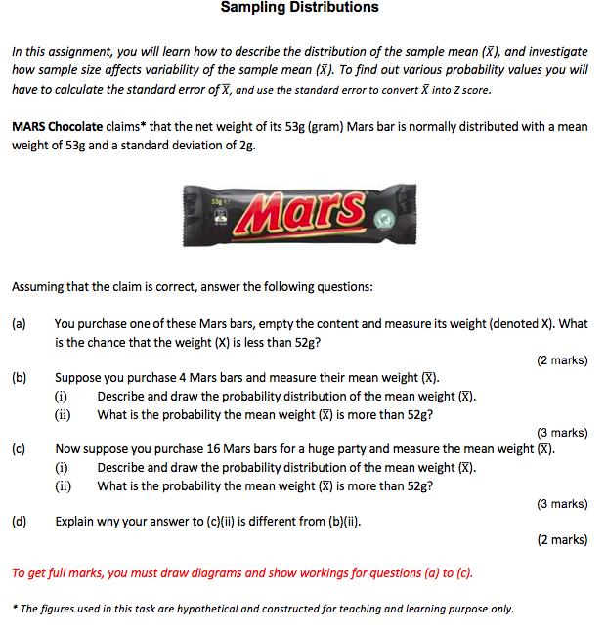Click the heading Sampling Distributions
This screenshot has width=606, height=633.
click(299, 8)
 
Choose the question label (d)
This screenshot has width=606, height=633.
click(19, 521)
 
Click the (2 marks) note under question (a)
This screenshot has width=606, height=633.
click(562, 360)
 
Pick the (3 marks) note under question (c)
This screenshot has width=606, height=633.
click(562, 504)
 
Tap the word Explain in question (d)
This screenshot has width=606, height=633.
click(76, 521)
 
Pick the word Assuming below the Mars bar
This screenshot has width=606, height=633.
click(39, 287)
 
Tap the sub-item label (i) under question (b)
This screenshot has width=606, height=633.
click(61, 396)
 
